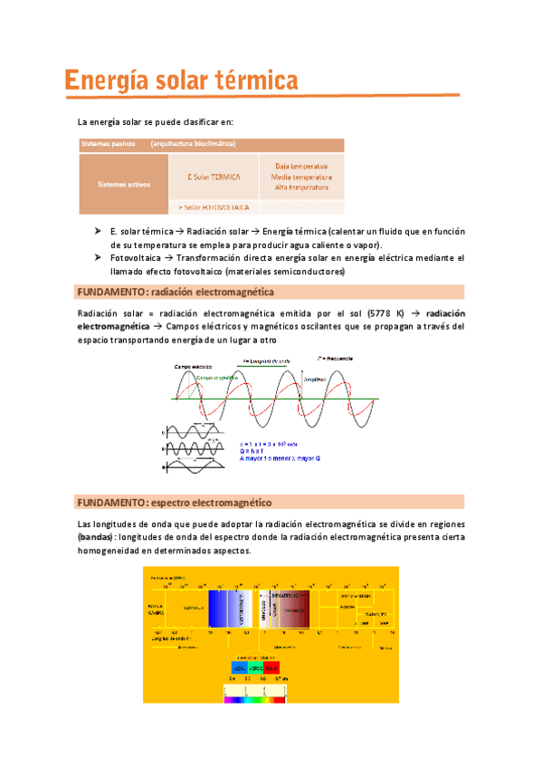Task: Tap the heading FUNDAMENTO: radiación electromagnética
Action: (176, 292)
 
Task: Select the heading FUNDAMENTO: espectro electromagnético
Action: (175, 502)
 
